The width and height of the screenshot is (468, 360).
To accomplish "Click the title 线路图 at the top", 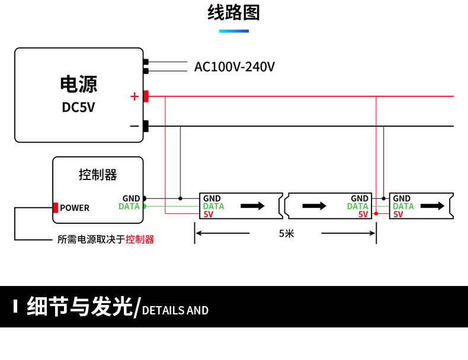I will [234, 12].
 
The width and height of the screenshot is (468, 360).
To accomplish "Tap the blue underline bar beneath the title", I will [234, 31].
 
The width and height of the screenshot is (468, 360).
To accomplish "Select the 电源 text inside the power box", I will [78, 84].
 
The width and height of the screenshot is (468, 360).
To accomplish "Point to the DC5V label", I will [78, 107].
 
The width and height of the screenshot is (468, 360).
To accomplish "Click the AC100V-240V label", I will [235, 67].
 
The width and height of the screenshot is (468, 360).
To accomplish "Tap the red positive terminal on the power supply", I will [146, 96].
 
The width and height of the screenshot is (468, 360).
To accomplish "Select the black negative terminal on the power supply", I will [146, 126].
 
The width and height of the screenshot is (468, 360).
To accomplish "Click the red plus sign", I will [134, 96].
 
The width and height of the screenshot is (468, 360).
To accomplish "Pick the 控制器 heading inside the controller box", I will [98, 175].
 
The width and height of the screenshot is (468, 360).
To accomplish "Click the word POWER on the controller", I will [75, 208].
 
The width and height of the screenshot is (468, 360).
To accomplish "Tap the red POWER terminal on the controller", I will [56, 208].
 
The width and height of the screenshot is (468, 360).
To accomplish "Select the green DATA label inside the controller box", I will [129, 207].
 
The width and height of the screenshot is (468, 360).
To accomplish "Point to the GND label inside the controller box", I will [131, 198].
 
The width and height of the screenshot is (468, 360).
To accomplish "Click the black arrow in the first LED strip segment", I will [252, 206].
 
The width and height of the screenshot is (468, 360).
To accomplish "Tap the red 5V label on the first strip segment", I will [208, 214].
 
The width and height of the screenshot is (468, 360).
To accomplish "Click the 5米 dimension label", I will [286, 233].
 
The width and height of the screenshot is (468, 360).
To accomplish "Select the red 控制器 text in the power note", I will [140, 239].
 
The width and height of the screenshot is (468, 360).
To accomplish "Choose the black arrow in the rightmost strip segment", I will [432, 206].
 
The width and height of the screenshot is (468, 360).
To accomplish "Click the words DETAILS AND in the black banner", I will [175, 310].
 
